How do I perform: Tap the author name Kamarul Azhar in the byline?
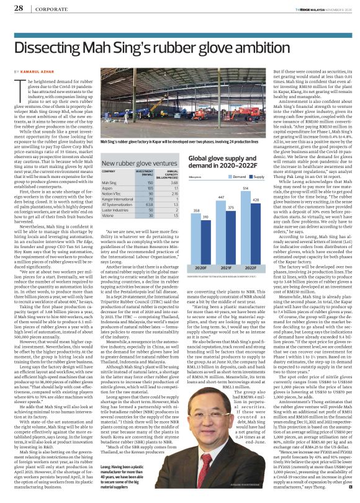(41, 73)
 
